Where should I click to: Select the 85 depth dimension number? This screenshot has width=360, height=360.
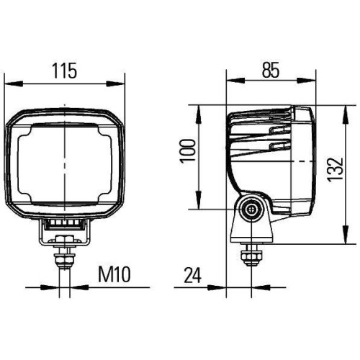pyautogui.click(x=270, y=70)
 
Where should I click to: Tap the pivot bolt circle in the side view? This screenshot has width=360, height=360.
pyautogui.click(x=251, y=209)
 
